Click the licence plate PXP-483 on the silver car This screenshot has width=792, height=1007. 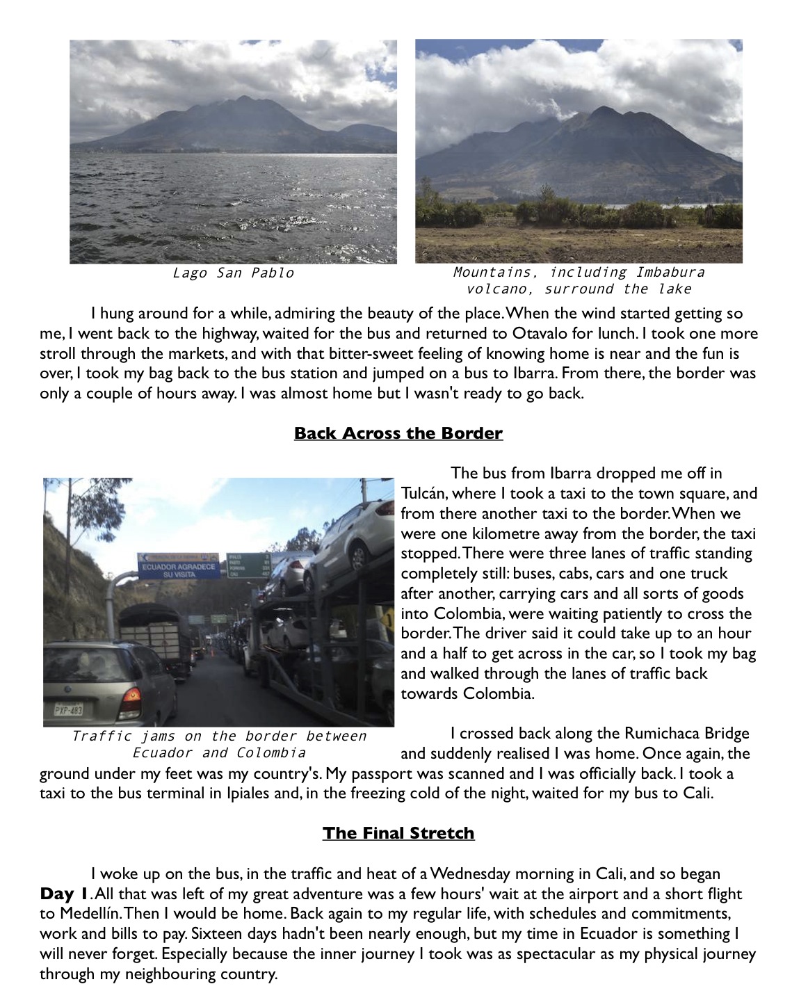(x=68, y=710)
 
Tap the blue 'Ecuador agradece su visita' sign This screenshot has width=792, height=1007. (x=179, y=566)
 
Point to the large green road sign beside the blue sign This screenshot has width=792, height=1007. (x=247, y=565)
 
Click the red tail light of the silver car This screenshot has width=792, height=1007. (x=134, y=695)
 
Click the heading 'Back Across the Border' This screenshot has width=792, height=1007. (x=398, y=433)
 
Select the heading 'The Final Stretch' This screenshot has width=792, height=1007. (x=398, y=833)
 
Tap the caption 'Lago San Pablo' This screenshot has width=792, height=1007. (x=233, y=273)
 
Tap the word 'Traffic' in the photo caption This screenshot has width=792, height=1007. (x=102, y=736)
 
